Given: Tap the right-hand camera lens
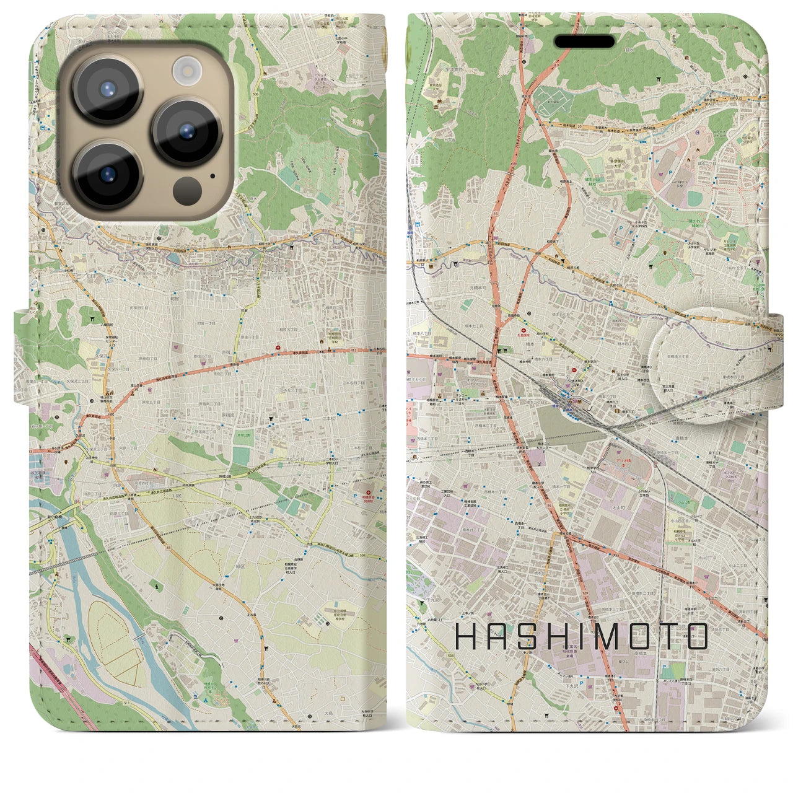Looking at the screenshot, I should click(188, 131).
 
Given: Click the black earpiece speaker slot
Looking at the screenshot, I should click(584, 42).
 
